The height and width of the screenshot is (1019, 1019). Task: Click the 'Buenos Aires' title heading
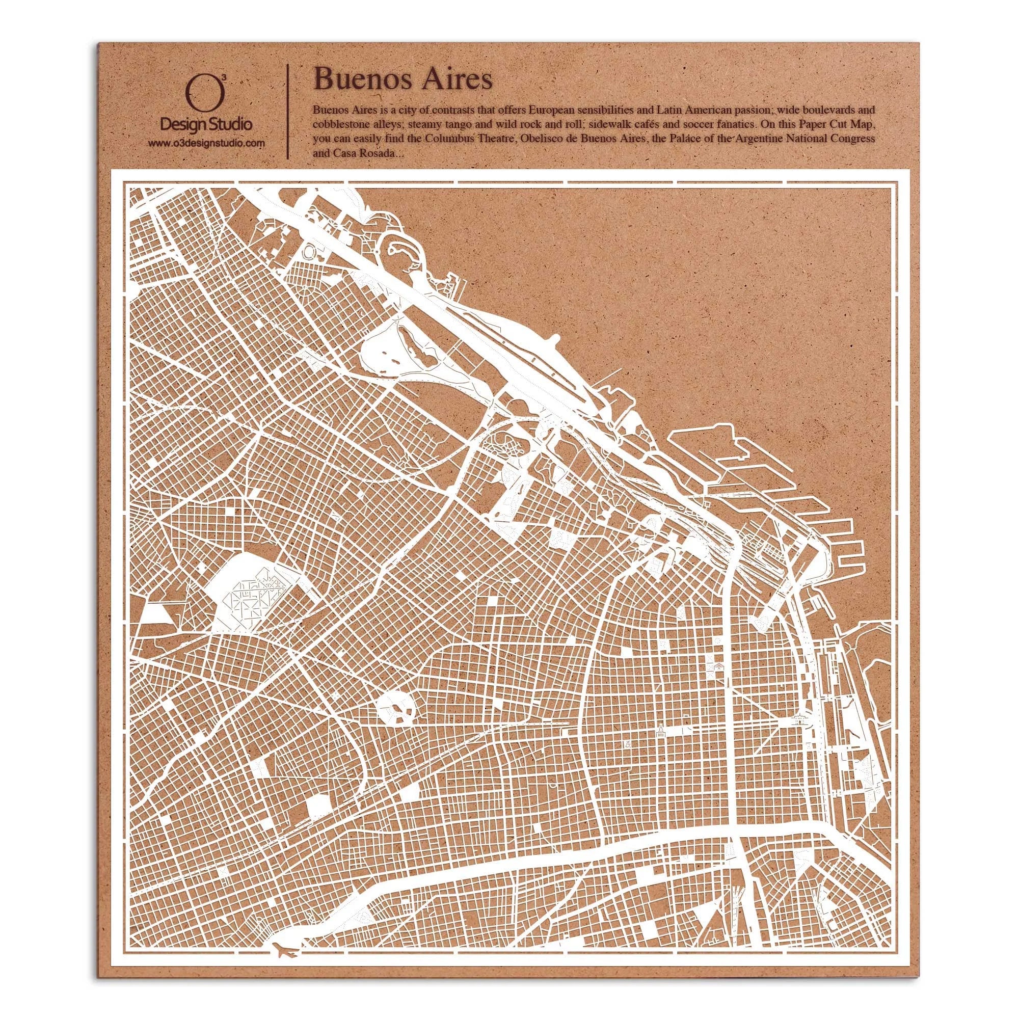(403, 79)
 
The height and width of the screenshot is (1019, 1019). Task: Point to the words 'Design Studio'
(205, 125)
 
